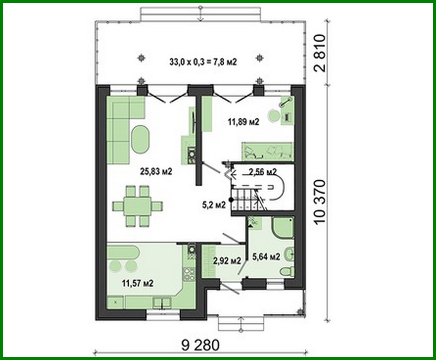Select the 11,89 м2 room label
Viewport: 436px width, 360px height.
coord(243,122)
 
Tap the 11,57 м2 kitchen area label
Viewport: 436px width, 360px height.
coord(138,283)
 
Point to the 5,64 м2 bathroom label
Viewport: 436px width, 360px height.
coord(266,257)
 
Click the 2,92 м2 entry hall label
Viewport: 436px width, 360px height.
coord(227,261)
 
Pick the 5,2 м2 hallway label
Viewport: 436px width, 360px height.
coord(214,205)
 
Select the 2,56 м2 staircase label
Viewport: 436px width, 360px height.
coord(262,171)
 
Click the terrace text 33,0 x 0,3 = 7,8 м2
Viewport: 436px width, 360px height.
coord(203,62)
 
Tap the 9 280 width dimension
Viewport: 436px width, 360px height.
coord(200,345)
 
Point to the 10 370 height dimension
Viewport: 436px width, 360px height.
coord(320,202)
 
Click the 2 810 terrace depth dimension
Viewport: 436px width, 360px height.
coord(320,53)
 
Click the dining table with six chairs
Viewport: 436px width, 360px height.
coord(137,206)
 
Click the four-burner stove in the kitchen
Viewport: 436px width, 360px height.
coord(189,275)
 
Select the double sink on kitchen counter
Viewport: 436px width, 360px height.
coord(162,302)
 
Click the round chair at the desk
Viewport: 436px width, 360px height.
coord(273,116)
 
